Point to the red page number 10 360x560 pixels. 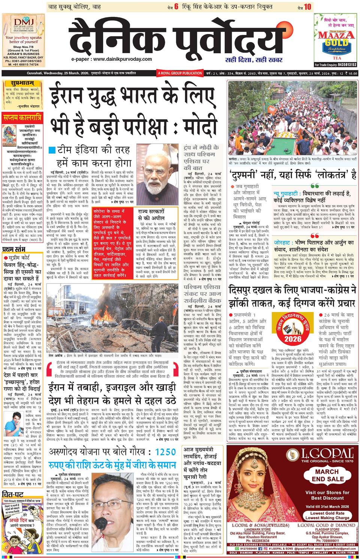pyautogui.click(x=308, y=6)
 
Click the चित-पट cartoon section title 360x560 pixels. pyautogui.click(x=13, y=493)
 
